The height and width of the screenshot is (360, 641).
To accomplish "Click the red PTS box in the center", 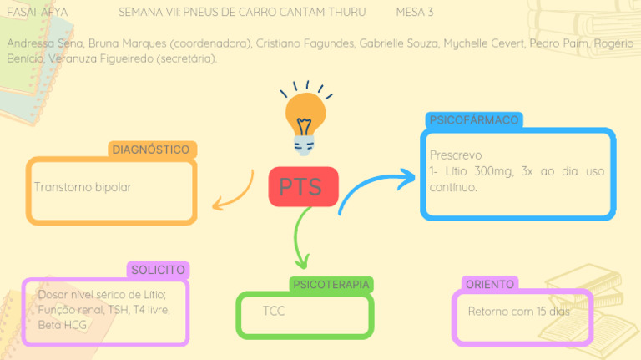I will [303, 186].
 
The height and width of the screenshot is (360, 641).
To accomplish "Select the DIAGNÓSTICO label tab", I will [152, 150].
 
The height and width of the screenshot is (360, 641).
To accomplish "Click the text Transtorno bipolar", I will [83, 187].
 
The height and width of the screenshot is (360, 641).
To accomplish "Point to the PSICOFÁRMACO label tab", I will [473, 120].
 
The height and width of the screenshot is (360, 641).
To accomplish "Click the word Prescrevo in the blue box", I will [455, 155].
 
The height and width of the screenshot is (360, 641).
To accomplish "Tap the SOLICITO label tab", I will [158, 270].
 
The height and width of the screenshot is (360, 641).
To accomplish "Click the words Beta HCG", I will [63, 324].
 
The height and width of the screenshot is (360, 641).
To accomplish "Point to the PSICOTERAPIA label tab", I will [331, 285].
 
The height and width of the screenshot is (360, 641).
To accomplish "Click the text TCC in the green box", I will [274, 312].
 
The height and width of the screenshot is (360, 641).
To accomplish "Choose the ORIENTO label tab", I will [489, 285].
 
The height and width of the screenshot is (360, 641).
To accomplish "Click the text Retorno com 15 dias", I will [518, 312].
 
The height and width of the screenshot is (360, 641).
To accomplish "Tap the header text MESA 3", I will [414, 13].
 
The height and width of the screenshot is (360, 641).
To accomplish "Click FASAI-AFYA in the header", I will [37, 13].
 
